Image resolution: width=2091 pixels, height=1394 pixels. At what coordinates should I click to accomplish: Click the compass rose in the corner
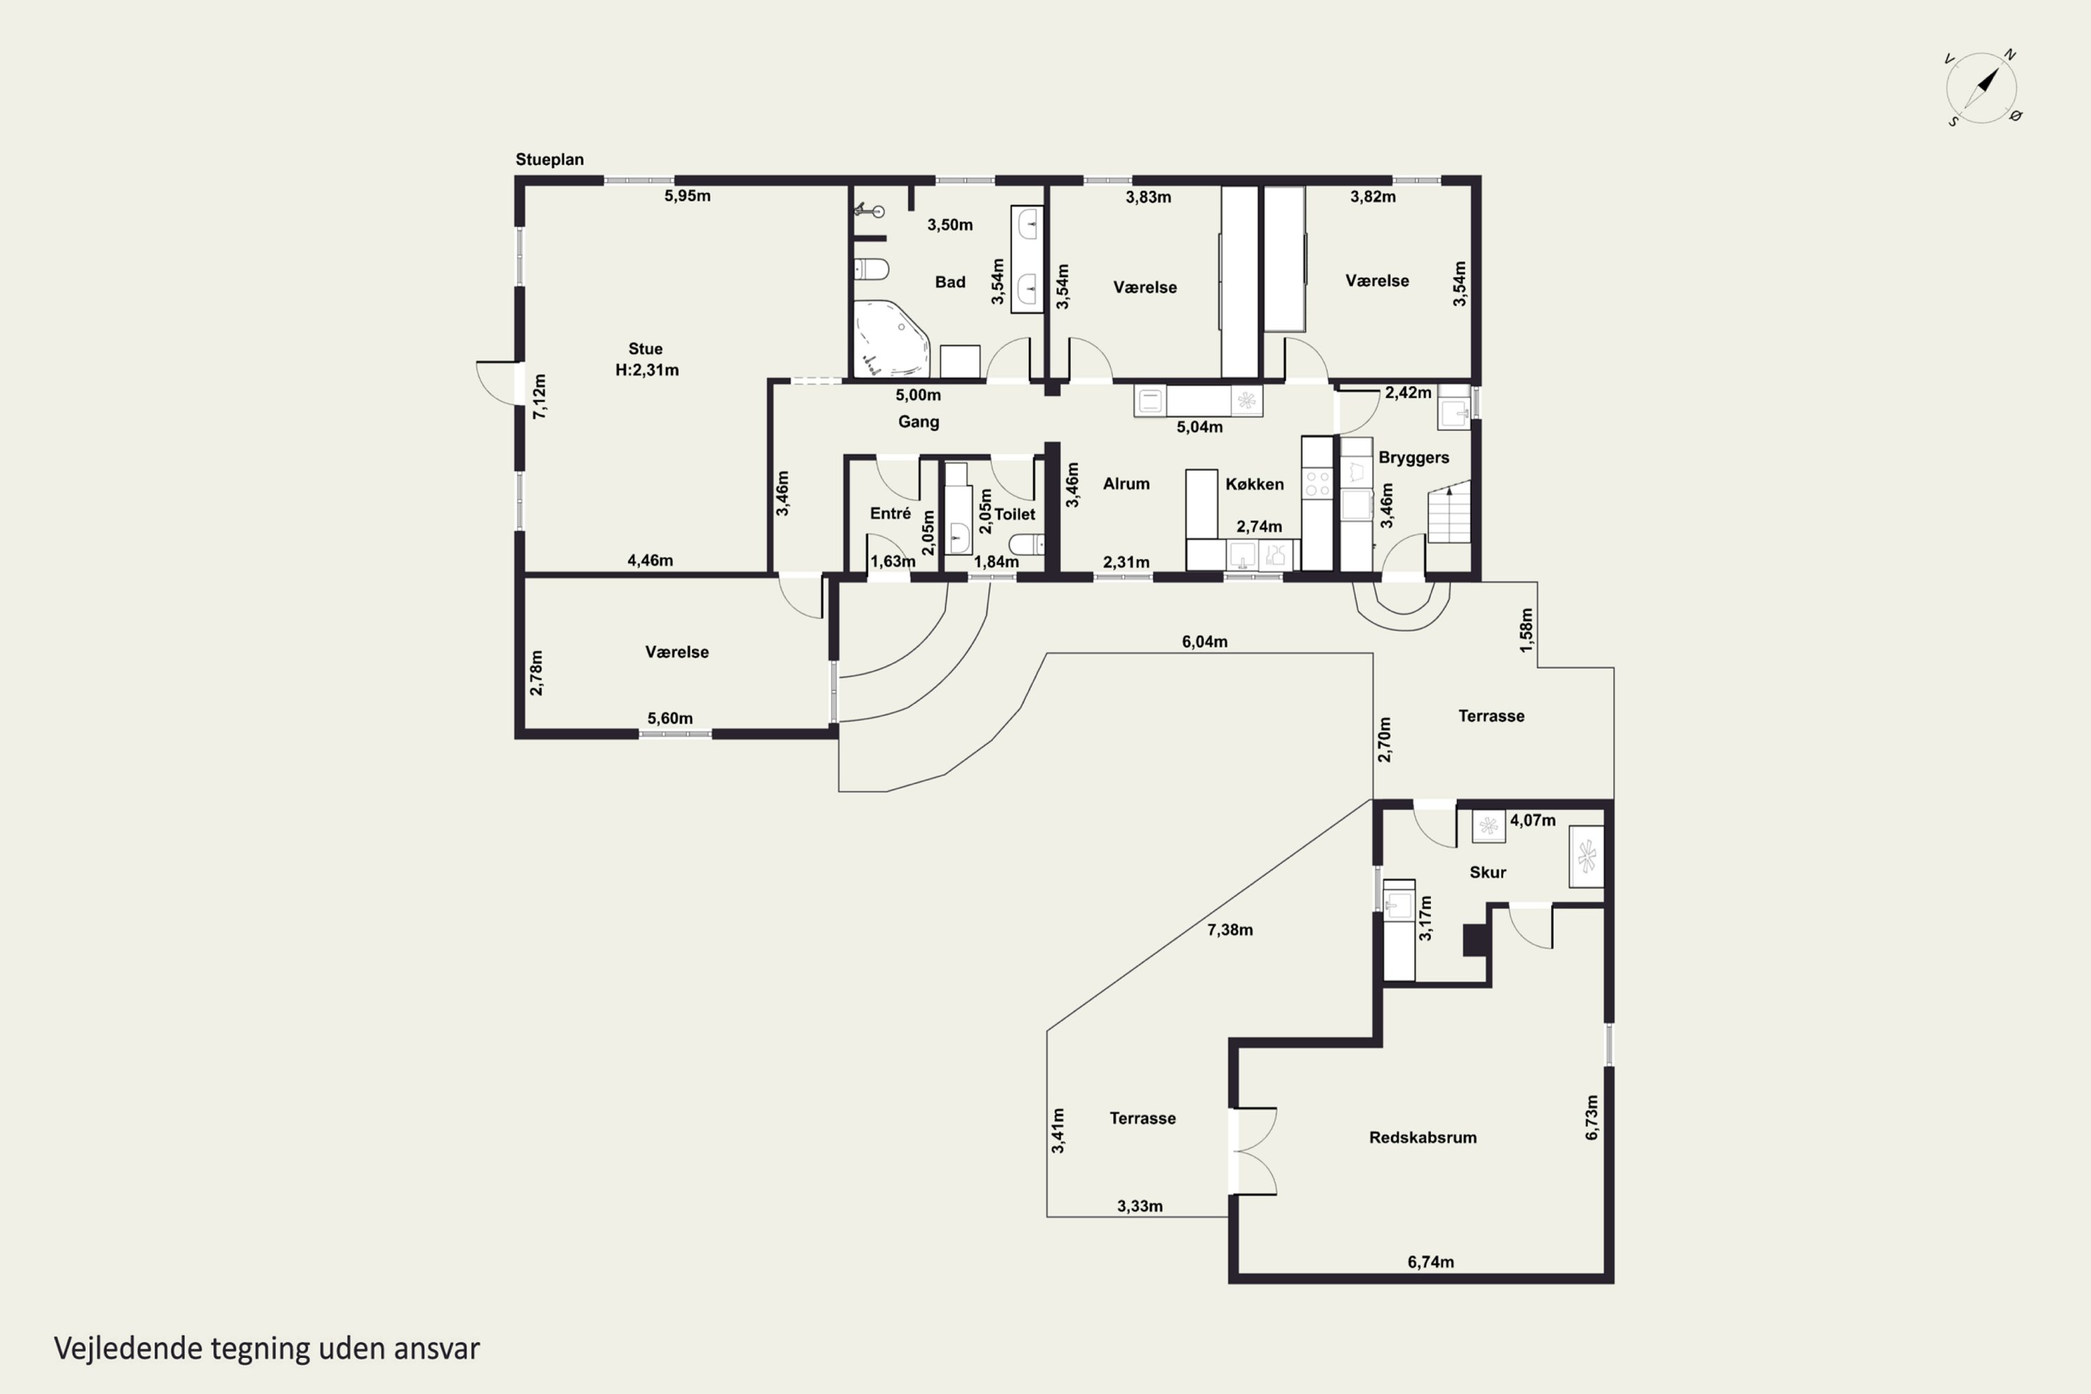[x=1982, y=88]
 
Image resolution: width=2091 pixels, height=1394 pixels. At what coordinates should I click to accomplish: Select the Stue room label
[x=645, y=349]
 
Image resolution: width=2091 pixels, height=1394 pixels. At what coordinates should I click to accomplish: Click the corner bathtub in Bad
[x=891, y=339]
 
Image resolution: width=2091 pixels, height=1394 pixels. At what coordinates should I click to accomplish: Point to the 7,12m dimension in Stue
[x=539, y=397]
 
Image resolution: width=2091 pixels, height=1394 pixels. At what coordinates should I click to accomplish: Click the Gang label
[x=919, y=422]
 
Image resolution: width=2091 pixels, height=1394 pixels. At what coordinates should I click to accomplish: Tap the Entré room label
[x=890, y=514]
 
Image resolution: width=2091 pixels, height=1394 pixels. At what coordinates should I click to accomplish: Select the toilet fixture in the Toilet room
[x=1027, y=544]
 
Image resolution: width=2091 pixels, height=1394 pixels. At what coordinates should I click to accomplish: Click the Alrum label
[x=1126, y=484]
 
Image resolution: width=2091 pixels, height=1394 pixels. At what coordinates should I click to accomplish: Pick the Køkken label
[x=1255, y=484]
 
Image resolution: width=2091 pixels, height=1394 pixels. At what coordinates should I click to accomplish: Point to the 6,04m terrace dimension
[x=1204, y=642]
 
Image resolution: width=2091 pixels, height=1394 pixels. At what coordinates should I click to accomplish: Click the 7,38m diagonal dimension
[x=1230, y=930]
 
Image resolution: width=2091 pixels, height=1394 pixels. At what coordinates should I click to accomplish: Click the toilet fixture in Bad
[x=871, y=268]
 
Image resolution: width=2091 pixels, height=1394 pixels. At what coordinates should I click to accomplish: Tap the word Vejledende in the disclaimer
[x=128, y=1349]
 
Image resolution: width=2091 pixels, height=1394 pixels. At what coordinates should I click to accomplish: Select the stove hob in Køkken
[x=1317, y=484]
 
